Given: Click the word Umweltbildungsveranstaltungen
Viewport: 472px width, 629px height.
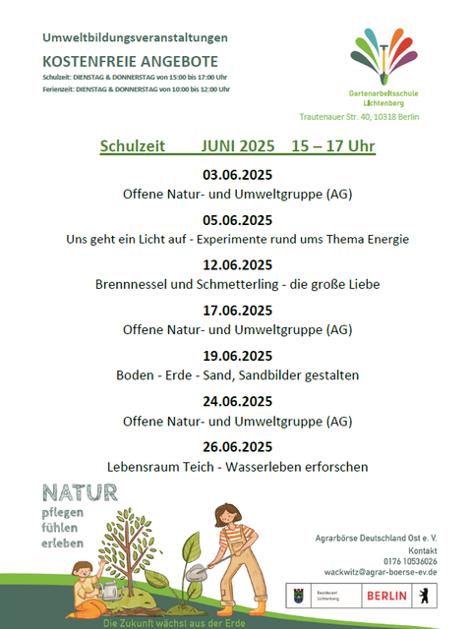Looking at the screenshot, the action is (135, 37).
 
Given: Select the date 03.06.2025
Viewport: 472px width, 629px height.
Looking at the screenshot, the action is (237, 175).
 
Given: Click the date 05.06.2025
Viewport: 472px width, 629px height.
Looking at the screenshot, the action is (237, 220).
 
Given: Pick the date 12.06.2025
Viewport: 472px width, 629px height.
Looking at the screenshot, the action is (237, 265).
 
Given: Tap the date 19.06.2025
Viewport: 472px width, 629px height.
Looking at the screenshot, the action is (237, 356).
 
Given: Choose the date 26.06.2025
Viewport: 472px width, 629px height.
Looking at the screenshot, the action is (237, 446).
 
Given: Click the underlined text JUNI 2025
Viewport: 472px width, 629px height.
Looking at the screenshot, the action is (237, 146).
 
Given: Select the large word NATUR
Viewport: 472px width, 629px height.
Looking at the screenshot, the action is (80, 492).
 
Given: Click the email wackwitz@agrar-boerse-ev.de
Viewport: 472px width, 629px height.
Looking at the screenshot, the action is (380, 573).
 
